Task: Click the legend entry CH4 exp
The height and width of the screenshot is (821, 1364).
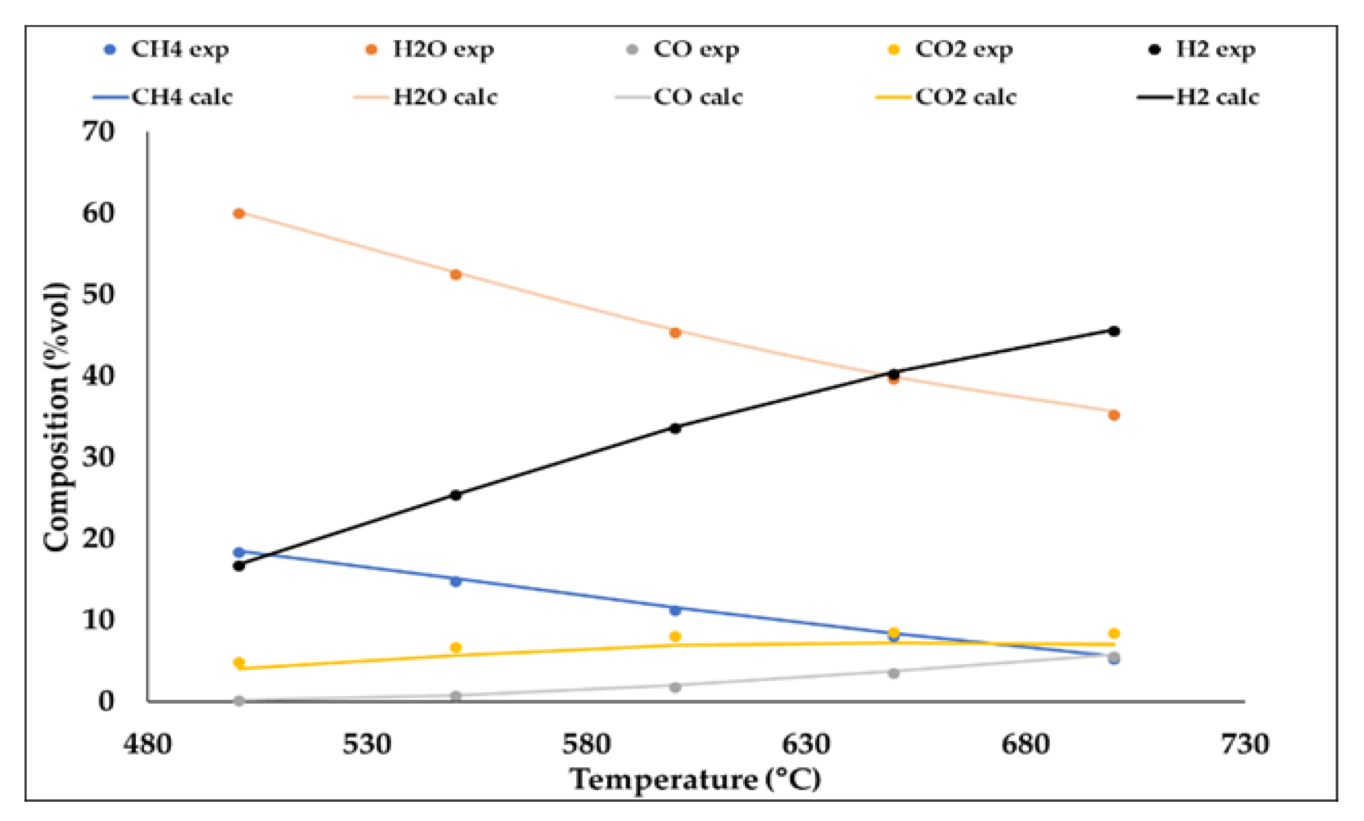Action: pos(166,50)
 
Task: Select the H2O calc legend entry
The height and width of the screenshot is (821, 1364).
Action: pos(425,97)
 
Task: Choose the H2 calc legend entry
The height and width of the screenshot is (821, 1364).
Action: pos(1198,97)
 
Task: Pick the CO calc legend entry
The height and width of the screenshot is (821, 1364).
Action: pos(679,97)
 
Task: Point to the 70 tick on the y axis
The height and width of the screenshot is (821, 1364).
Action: pos(98,132)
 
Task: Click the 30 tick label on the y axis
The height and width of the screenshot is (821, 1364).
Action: pos(98,457)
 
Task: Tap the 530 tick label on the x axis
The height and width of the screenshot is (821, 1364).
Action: pos(366,745)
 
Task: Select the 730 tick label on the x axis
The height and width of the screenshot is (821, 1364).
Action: pos(1244,745)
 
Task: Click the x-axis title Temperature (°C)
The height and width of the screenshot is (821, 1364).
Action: pos(695,780)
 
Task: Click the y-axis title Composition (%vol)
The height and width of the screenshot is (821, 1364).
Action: pos(57,416)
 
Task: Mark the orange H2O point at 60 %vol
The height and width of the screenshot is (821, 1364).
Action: pos(239,213)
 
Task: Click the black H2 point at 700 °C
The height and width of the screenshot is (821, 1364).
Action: pos(1114,331)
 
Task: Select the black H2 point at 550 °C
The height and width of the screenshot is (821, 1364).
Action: pos(456,495)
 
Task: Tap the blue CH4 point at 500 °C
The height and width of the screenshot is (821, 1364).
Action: pos(239,552)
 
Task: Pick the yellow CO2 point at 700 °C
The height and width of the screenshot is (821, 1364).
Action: pos(1114,633)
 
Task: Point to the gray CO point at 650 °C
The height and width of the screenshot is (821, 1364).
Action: pos(893,673)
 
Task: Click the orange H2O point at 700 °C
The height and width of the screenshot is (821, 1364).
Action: pos(1114,415)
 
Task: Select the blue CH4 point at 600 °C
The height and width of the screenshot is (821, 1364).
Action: pos(675,610)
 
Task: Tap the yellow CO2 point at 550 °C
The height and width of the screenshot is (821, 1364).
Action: pos(456,647)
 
